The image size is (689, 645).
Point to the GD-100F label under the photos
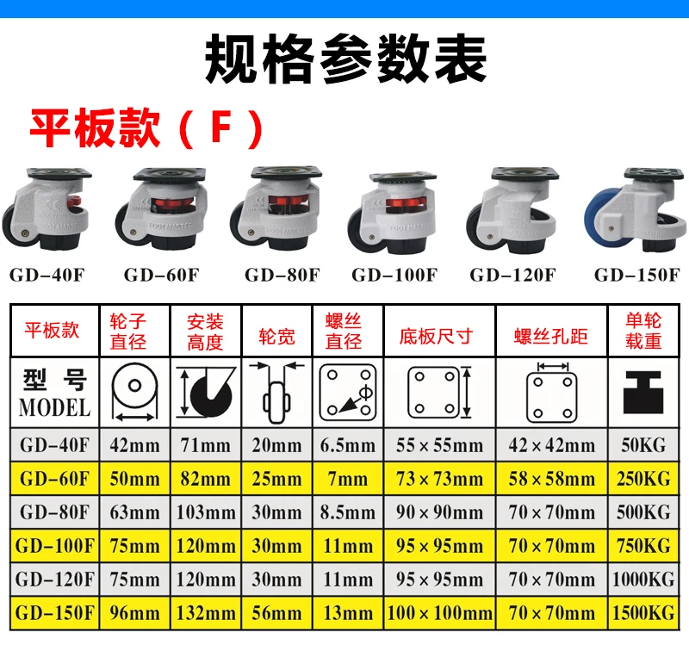tap(394, 276)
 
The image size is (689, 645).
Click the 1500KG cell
tap(642, 613)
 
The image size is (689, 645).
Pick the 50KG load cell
tap(642, 445)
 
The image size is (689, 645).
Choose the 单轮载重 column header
tap(642, 331)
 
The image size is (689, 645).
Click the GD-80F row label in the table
tap(53, 512)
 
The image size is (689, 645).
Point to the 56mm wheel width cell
tap(276, 613)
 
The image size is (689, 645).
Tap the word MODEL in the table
tap(53, 406)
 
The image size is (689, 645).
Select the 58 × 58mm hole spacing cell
tap(551, 479)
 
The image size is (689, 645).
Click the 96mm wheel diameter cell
tap(134, 613)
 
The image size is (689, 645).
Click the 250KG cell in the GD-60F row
tap(642, 479)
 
